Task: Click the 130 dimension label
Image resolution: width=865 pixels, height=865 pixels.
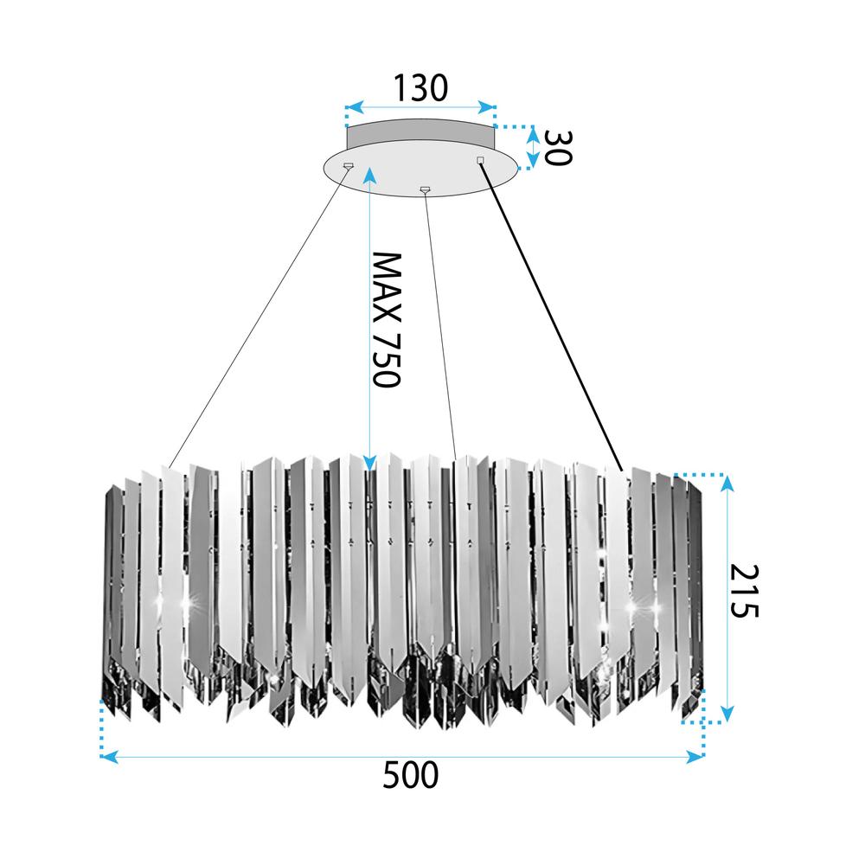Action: coord(420,87)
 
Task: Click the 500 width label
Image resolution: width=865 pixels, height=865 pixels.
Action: coord(410,775)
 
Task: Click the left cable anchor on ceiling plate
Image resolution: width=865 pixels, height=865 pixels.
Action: coord(348,164)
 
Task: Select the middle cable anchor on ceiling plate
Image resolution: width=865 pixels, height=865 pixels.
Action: coord(424,189)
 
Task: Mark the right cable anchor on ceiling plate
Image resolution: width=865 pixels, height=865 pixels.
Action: coord(481,159)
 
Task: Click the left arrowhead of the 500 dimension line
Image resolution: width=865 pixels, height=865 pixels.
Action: coord(108,757)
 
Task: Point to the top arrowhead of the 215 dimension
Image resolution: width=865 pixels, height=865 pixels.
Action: coord(727,482)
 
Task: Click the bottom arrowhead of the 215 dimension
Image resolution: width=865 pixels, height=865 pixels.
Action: coord(727,714)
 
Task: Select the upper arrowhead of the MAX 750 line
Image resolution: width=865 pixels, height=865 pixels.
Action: coord(369,175)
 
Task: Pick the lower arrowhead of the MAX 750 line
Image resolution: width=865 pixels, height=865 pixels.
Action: coord(369,465)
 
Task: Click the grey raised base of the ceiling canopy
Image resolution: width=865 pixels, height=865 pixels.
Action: coord(420,134)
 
